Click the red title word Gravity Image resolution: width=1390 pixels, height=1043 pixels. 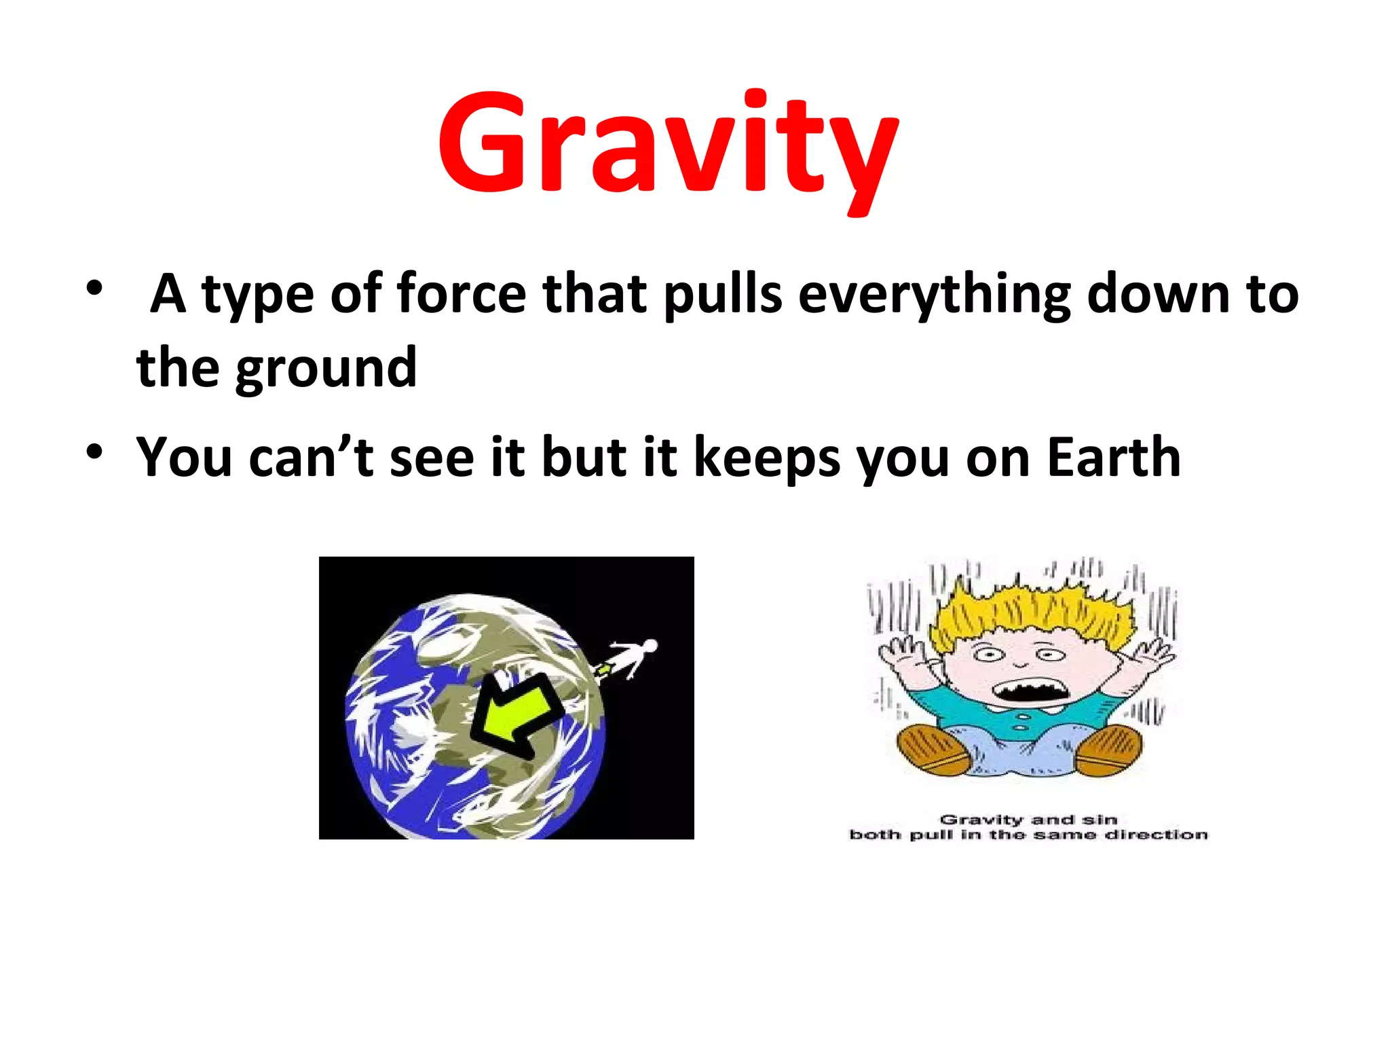point(669,146)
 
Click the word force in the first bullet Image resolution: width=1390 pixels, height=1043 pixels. point(462,294)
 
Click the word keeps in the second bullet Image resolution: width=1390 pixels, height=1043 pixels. point(767,458)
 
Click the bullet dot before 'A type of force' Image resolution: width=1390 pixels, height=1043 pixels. point(94,288)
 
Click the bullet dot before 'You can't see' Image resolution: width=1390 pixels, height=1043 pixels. point(94,451)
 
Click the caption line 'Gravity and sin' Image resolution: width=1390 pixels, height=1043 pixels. point(1028,820)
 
